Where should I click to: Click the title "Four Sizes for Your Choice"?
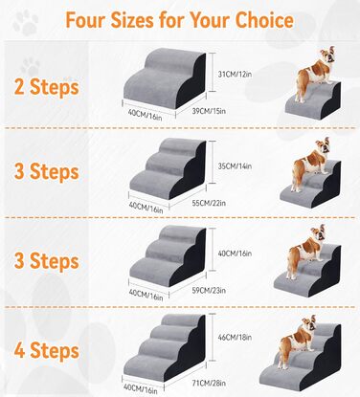179,20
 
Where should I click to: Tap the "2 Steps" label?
47,87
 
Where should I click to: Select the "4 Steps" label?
47,350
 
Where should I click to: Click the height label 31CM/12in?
235,75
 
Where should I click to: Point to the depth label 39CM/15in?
209,111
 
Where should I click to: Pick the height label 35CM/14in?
235,166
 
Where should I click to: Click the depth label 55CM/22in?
209,203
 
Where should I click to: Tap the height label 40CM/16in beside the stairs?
235,254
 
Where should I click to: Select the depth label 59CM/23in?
209,291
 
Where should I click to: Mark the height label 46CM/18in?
235,337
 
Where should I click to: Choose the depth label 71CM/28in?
209,383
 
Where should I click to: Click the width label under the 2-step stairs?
145,115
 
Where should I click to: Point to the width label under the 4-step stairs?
141,388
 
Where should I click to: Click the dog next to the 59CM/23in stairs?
305,252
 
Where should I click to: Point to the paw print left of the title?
26,22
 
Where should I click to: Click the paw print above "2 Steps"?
31,67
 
